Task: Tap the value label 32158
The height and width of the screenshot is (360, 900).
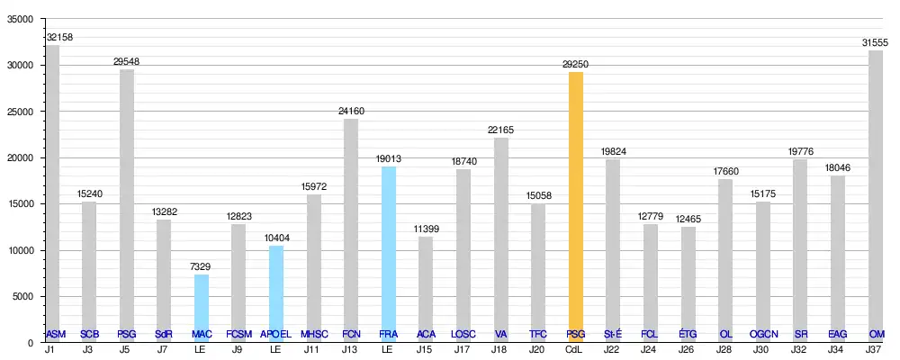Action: point(59,39)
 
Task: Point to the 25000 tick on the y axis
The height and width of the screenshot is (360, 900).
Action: point(20,112)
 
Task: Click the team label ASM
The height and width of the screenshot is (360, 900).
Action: point(56,334)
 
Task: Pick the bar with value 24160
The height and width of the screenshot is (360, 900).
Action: point(351,225)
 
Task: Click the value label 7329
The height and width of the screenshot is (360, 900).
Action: point(202,267)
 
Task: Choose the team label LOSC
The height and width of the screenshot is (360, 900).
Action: point(463,334)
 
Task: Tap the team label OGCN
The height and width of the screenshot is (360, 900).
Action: point(763,334)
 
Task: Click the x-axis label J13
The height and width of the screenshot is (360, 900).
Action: point(351,349)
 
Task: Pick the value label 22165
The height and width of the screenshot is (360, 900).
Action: point(501,131)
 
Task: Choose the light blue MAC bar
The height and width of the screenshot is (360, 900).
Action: point(202,301)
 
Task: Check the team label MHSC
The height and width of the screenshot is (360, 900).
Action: point(314,334)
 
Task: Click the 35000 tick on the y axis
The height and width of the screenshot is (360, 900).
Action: point(20,19)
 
